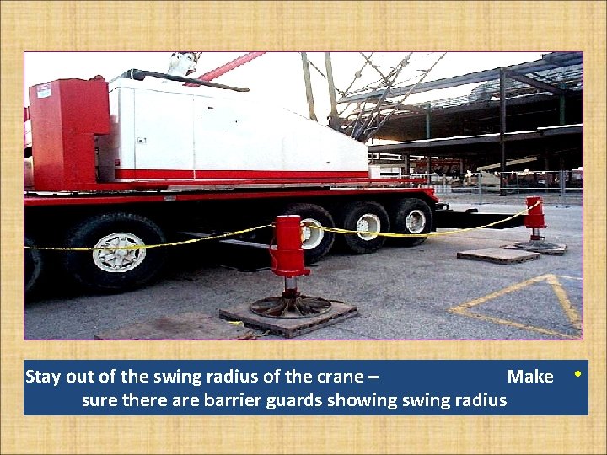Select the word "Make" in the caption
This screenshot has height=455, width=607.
[x=529, y=377]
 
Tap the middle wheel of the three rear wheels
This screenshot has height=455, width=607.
[x=368, y=226]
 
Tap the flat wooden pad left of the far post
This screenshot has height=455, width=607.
[x=497, y=254]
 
